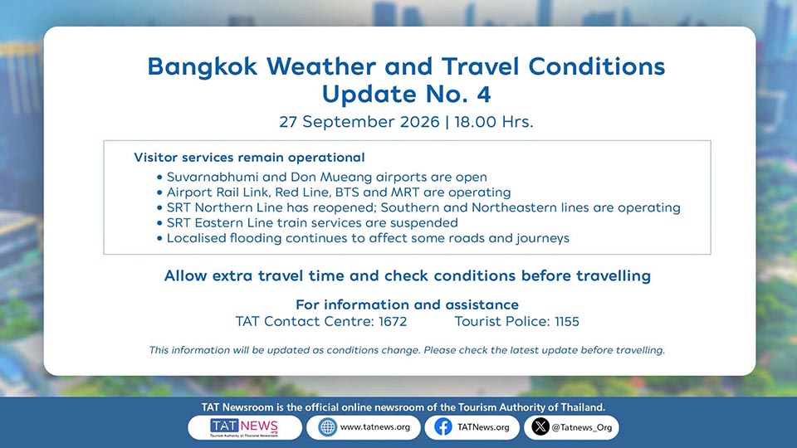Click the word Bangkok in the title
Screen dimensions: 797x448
(203, 67)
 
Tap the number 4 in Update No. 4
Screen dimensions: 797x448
(483, 94)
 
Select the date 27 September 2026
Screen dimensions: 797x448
(359, 122)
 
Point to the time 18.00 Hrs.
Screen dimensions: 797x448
(494, 122)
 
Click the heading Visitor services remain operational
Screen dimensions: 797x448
(249, 158)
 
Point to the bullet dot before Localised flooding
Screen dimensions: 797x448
(159, 238)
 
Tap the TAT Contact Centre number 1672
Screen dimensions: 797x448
(393, 322)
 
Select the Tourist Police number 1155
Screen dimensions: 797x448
(567, 322)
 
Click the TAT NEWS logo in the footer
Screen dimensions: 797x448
(244, 428)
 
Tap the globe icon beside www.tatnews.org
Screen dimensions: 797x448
(328, 427)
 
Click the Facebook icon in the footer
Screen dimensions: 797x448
(443, 427)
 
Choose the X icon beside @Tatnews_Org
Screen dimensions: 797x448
(540, 426)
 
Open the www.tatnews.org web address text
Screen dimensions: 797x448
(375, 427)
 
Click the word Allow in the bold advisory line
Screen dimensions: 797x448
(185, 275)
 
